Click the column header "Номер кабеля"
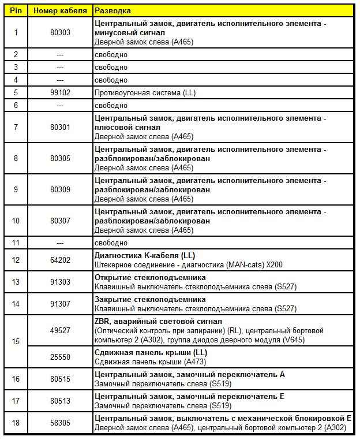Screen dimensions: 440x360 60,10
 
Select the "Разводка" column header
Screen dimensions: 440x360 112,10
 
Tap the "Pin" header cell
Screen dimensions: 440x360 16,10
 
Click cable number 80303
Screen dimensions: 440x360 60,33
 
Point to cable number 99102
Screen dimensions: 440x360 60,93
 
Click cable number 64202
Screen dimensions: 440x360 60,260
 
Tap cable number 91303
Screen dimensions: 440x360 60,282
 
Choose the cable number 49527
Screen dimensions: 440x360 60,331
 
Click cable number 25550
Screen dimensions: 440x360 60,357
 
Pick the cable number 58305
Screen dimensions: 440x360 60,423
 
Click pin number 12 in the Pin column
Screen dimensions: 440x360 16,260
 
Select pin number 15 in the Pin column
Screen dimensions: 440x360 16,341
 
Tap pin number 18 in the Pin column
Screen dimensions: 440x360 16,423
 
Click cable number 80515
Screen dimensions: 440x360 60,379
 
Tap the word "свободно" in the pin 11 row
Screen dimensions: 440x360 111,243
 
